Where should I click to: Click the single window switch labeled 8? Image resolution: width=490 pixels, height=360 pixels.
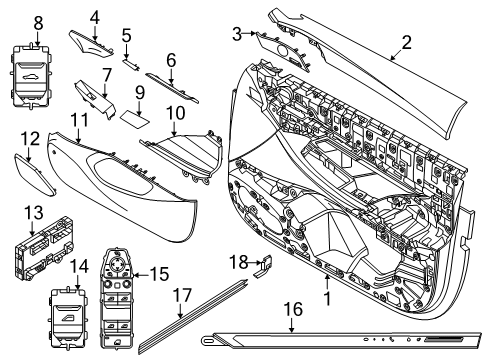pyautogui.click(x=37, y=67)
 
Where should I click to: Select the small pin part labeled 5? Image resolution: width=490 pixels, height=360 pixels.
pyautogui.click(x=131, y=59)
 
